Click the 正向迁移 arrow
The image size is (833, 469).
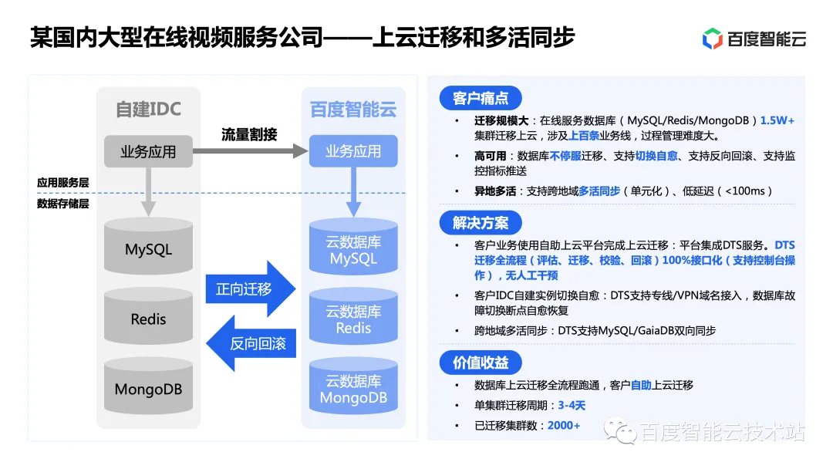tap(249, 289)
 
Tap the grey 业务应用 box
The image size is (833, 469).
tap(148, 151)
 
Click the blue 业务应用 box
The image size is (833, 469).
tap(353, 151)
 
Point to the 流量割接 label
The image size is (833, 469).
tap(249, 134)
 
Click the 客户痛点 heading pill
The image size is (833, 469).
tap(481, 99)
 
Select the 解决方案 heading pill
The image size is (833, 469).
tap(481, 224)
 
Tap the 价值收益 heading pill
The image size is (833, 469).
tap(481, 363)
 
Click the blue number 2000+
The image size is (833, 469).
tap(564, 425)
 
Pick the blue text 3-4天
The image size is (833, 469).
tap(572, 405)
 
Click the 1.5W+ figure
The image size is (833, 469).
tap(777, 121)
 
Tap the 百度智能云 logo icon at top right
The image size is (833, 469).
tap(712, 39)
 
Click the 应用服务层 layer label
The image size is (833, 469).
tap(63, 183)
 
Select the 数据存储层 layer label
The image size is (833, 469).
tap(63, 204)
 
